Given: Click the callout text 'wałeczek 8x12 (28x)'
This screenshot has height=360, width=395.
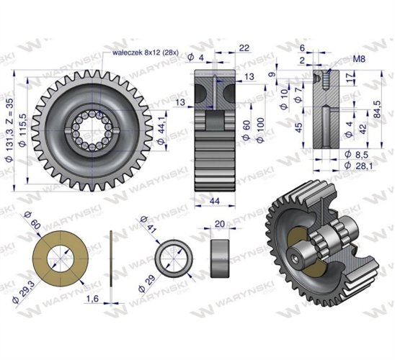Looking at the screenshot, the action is click(146, 53).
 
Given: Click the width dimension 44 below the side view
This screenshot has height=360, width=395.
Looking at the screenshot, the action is click(215, 201).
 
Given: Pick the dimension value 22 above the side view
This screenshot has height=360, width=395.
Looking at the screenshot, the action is click(244, 48).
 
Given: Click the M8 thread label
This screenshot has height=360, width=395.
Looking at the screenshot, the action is click(359, 59).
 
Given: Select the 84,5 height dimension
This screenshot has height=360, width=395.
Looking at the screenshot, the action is click(377, 109).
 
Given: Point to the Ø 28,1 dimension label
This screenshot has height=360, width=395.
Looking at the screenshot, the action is click(359, 166).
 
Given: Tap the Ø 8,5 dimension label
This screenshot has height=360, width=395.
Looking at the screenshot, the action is click(356, 154).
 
